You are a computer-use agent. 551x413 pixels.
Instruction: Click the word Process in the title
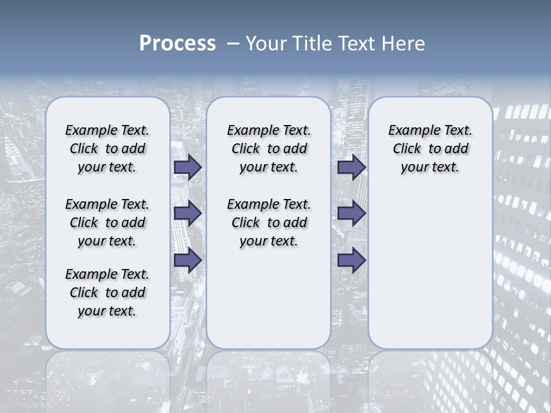[x=177, y=44]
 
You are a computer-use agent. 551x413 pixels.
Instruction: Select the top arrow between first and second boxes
[x=187, y=167]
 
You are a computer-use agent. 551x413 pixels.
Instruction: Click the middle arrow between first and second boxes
[x=187, y=213]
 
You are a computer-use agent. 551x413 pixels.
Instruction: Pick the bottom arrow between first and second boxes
[x=187, y=260]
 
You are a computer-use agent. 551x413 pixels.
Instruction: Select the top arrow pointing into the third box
[x=351, y=167]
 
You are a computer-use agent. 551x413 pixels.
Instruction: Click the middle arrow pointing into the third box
[x=351, y=213]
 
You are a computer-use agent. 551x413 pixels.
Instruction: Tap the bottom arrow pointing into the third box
[x=351, y=260]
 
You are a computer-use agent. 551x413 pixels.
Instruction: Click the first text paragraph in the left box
[x=107, y=149]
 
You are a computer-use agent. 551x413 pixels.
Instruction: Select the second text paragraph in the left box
[x=107, y=223]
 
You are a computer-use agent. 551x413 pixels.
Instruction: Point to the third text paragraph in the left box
[x=107, y=293]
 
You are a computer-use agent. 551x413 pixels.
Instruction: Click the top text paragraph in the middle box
[x=269, y=149]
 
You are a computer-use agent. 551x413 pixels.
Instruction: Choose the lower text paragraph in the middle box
[x=269, y=223]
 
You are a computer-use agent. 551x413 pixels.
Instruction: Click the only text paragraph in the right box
[x=430, y=149]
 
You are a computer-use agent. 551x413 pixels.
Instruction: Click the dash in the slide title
[x=232, y=44]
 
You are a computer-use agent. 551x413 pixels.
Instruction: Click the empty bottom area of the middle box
[x=269, y=304]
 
